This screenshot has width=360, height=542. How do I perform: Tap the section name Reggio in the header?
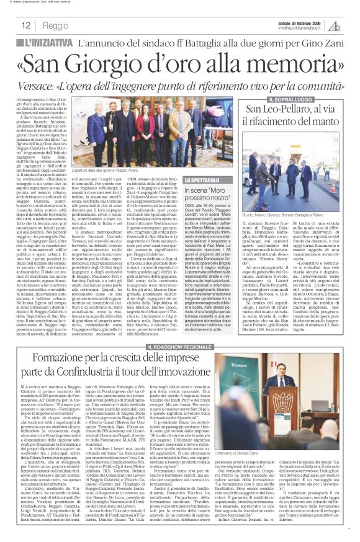[x=56, y=26]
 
